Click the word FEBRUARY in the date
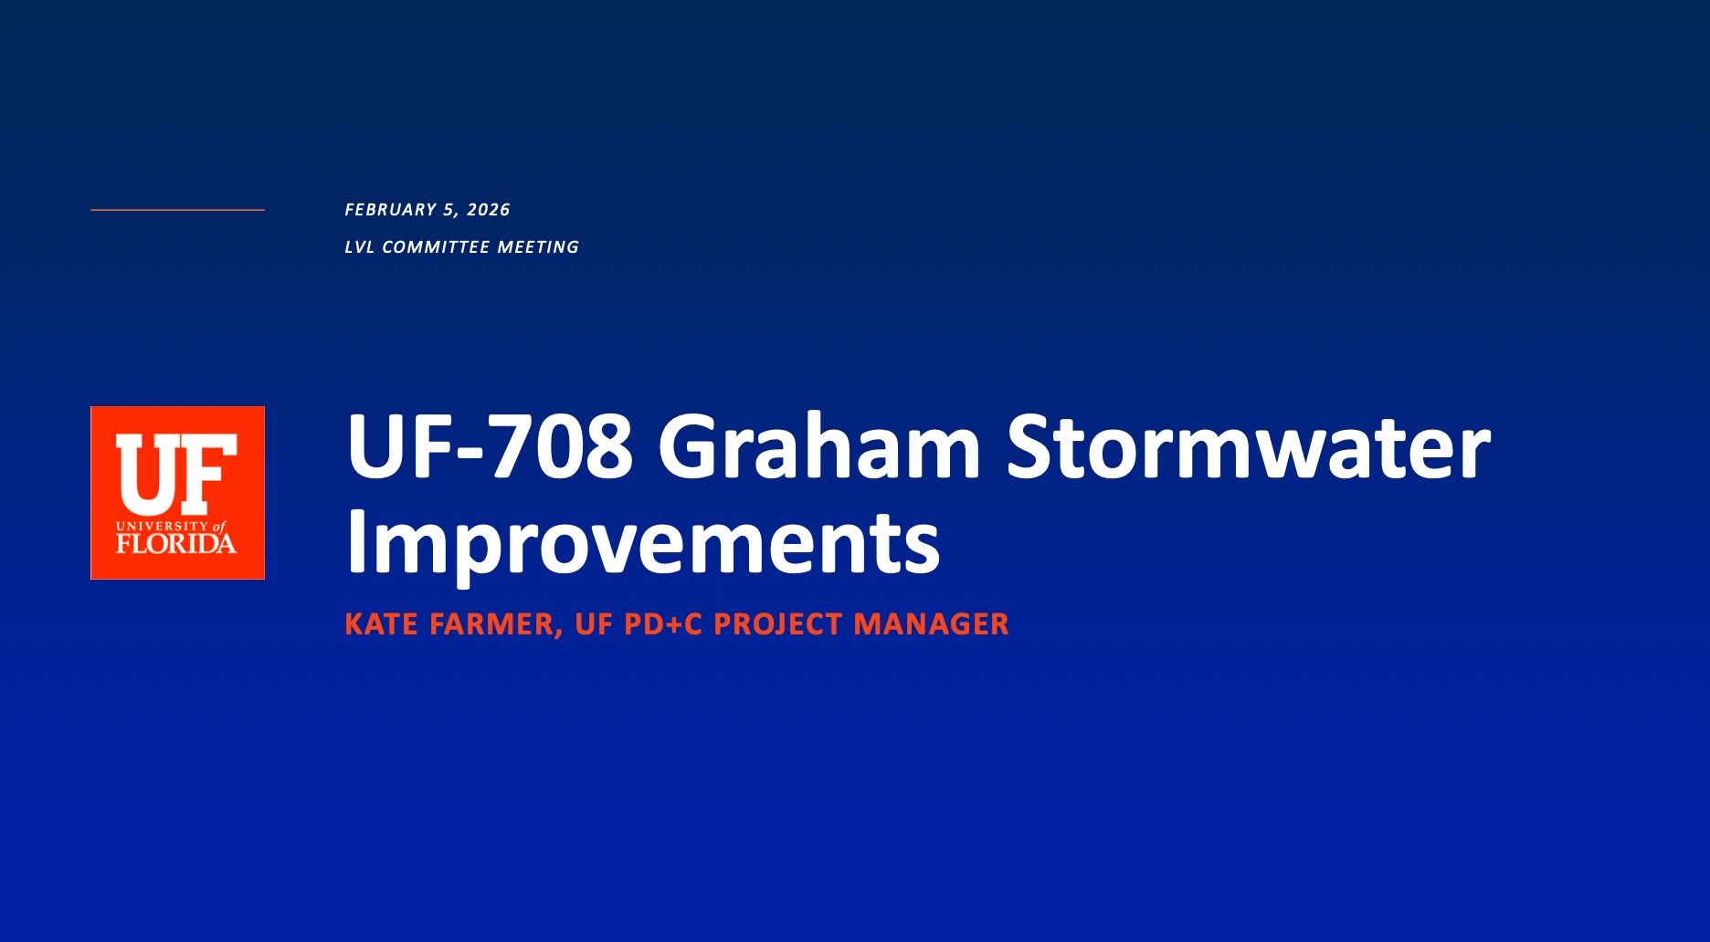coord(390,210)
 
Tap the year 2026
coord(489,210)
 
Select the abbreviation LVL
coord(359,247)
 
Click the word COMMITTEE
coord(436,247)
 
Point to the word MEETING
coord(538,247)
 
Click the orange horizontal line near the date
coord(177,210)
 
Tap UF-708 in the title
coord(490,446)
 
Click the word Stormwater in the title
coord(1249,446)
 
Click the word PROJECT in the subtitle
coord(778,624)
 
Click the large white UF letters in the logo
coord(176,474)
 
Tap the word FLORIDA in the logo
coord(176,544)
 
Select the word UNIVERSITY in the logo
coord(163,527)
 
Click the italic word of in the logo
coord(219,527)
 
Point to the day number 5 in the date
coord(449,210)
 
